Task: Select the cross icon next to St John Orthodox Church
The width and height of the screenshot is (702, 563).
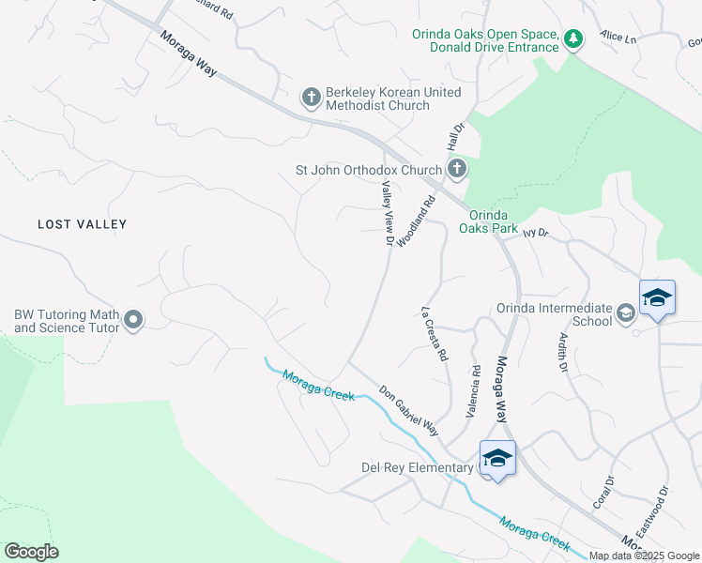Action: pos(456,170)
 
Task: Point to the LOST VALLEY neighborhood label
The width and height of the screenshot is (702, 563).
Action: pos(82,224)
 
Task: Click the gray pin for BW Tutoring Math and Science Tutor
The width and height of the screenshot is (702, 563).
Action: pos(133,321)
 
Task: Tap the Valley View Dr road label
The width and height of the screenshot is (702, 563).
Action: pos(386,216)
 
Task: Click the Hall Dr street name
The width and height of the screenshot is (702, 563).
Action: pos(456,142)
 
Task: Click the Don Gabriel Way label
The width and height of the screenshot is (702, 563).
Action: pos(409,411)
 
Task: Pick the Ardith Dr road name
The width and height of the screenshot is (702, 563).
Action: pos(564,352)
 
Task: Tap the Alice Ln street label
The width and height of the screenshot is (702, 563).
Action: pos(618,38)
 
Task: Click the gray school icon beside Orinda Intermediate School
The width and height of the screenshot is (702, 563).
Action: pos(626,313)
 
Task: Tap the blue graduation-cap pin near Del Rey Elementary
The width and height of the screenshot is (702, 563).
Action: pos(497,458)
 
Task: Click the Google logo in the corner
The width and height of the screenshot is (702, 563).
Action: pos(31,552)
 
